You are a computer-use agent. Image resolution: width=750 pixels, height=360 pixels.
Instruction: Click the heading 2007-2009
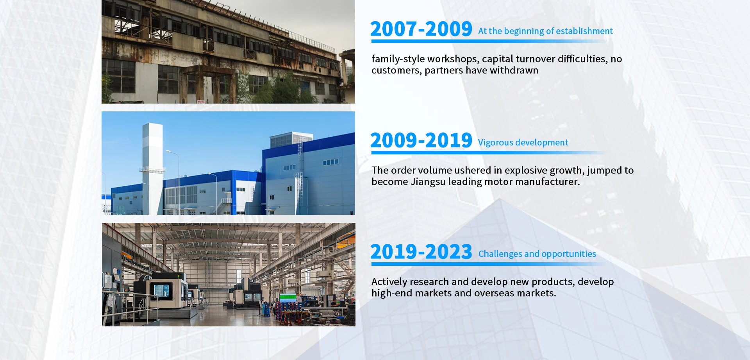click(421, 29)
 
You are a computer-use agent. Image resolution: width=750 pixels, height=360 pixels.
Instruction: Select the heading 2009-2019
click(421, 140)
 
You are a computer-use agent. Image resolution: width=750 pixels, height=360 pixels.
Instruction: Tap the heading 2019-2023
click(421, 252)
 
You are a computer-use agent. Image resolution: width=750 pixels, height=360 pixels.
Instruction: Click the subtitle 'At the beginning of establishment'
click(545, 31)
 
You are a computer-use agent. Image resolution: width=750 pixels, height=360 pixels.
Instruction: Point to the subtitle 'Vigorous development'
click(523, 143)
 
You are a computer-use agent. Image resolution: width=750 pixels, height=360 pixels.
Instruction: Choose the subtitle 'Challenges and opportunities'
click(537, 254)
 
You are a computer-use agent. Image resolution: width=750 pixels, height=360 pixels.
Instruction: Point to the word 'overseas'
click(494, 293)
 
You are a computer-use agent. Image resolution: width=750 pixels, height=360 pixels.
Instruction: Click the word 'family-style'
click(398, 59)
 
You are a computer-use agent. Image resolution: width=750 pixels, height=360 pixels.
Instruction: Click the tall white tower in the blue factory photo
click(152, 168)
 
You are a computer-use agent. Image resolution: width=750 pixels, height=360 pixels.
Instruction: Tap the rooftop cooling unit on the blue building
click(291, 139)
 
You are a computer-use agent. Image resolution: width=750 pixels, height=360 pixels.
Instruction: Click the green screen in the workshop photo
click(288, 297)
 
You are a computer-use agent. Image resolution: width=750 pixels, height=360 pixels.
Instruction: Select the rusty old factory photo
click(228, 52)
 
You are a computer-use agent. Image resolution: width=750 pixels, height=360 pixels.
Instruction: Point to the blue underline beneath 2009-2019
click(488, 152)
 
